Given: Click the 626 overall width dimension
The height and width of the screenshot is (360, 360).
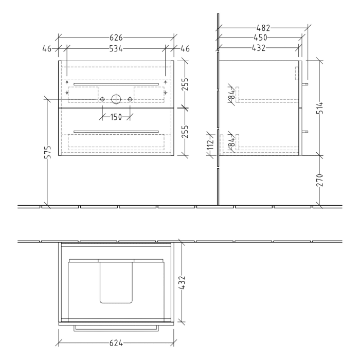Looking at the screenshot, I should tap(116, 38).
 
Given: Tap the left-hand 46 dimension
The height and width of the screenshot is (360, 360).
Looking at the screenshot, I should tap(47, 49).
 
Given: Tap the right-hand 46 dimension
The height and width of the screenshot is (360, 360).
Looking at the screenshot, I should tap(185, 49).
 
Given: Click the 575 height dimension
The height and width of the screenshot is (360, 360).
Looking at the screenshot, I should tap(47, 156).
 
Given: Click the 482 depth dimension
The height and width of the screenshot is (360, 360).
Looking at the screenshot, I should tap(263, 27).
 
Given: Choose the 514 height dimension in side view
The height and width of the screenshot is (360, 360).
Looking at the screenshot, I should tap(319, 108).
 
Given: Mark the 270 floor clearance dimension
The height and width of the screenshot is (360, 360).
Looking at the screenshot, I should tap(319, 180).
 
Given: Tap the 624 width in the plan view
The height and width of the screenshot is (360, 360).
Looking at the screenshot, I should tap(116, 341).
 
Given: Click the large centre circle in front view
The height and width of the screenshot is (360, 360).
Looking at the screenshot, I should tap(116, 98).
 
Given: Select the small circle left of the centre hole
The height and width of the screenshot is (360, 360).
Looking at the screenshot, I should tap(102, 98).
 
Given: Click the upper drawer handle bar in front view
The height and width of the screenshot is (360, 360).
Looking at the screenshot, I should tap(116, 83).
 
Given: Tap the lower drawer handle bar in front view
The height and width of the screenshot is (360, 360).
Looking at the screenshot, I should tap(116, 131).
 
